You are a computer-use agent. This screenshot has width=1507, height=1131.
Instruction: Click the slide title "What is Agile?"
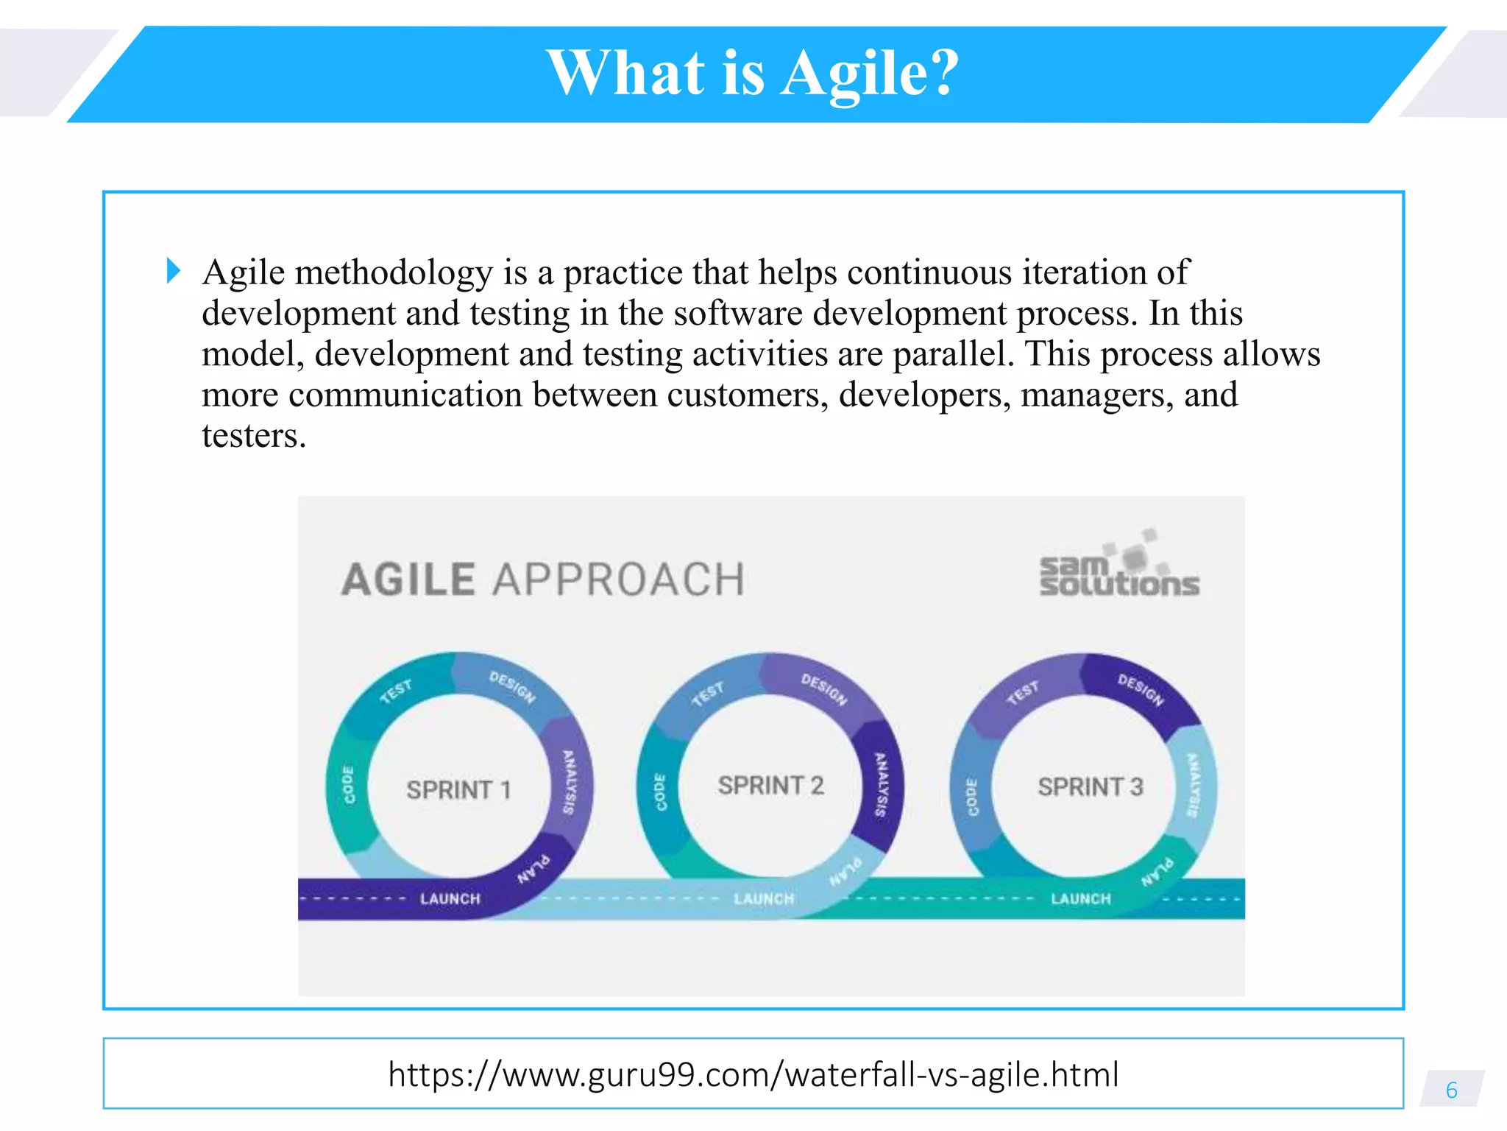click(x=753, y=74)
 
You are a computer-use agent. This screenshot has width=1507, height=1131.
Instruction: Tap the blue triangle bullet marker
click(x=174, y=270)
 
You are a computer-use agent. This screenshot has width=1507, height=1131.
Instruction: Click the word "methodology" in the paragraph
click(x=394, y=273)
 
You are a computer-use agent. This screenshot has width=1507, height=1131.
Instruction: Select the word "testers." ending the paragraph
click(x=253, y=436)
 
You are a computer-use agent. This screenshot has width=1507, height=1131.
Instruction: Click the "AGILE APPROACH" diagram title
click(x=543, y=579)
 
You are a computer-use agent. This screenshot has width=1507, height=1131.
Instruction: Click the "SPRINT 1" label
click(x=458, y=790)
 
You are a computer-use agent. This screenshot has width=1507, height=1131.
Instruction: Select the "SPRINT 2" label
click(x=770, y=786)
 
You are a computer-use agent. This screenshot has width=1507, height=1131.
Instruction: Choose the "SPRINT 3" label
click(x=1090, y=787)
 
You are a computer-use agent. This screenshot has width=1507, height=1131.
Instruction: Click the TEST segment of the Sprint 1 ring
click(x=396, y=691)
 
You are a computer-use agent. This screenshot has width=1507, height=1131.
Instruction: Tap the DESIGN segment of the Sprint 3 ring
click(x=1141, y=689)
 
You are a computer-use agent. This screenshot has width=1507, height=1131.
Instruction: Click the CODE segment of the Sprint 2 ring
click(x=660, y=792)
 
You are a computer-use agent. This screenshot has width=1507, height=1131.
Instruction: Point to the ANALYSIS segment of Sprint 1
click(x=569, y=782)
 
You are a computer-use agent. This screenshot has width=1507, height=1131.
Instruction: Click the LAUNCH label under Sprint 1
click(x=450, y=899)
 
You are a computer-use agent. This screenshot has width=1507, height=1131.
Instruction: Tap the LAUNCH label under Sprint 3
click(x=1080, y=899)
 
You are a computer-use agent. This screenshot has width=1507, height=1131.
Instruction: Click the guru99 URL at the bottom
click(x=753, y=1074)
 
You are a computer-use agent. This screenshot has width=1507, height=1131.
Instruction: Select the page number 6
click(x=1451, y=1090)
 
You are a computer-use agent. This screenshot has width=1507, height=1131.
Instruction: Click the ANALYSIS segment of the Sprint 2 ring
click(x=881, y=785)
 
